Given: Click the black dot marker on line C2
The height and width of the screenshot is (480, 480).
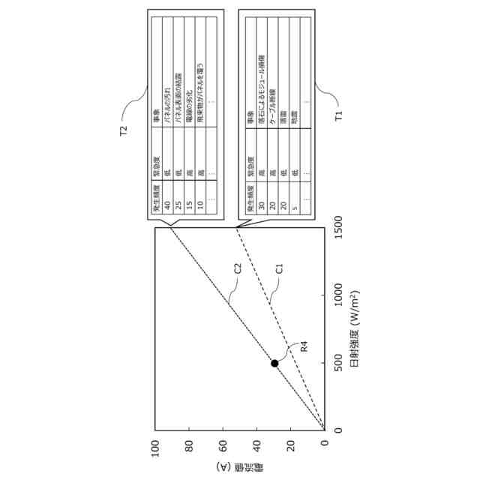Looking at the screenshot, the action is pos(274,363).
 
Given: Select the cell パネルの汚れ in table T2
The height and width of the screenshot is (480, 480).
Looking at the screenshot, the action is pos(168,101).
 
